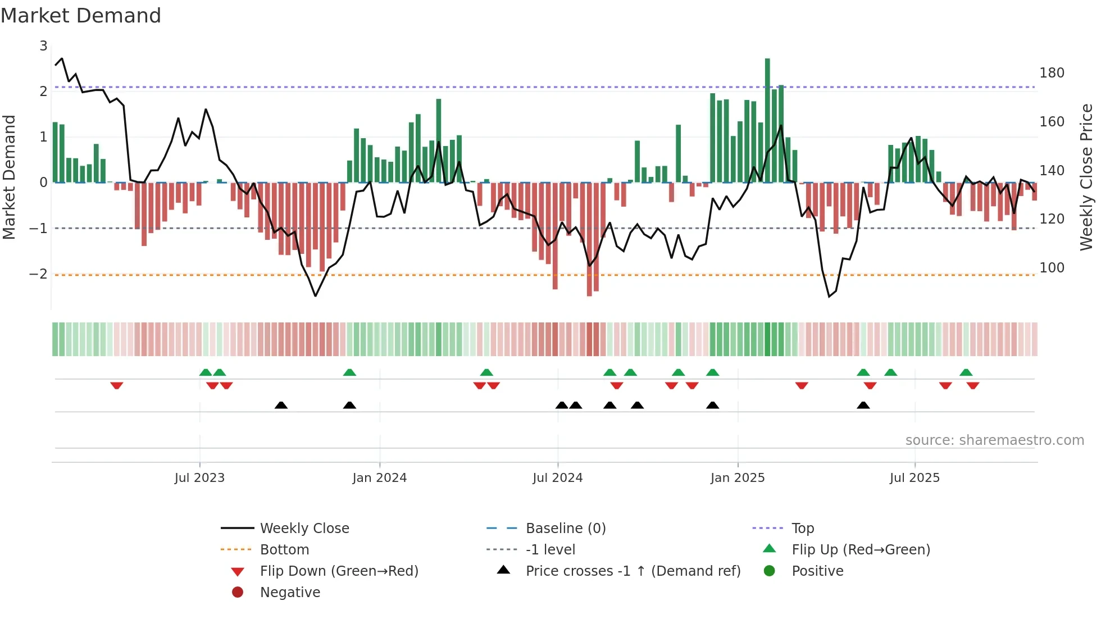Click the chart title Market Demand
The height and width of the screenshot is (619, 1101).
tap(81, 16)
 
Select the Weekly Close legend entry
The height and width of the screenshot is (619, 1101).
tap(304, 528)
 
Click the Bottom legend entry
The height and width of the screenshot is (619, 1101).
tap(284, 549)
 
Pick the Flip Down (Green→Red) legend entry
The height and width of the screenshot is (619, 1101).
tap(339, 571)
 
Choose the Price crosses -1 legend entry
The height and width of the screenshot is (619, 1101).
tap(633, 571)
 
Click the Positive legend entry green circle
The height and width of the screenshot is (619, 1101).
tap(770, 571)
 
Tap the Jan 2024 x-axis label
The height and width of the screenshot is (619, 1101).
tap(379, 477)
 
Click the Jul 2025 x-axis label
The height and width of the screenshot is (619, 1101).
tap(914, 477)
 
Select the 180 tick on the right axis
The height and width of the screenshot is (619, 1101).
tap(1052, 73)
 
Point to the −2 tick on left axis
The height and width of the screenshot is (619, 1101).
tap(38, 274)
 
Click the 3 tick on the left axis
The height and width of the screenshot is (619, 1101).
tap(43, 46)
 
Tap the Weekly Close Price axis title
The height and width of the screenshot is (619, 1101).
tap(1086, 177)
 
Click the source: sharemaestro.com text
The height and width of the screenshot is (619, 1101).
tap(994, 440)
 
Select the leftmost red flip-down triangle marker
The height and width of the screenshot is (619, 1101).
tap(117, 385)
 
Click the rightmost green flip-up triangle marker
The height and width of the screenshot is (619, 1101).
tap(966, 372)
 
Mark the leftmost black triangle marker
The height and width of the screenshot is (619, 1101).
tap(281, 405)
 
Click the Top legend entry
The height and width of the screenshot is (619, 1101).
tap(802, 528)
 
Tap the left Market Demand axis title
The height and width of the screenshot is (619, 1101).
tap(9, 177)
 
